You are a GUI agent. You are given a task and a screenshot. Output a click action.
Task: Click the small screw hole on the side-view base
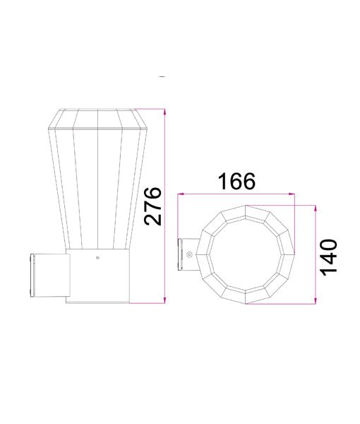coord(97,259)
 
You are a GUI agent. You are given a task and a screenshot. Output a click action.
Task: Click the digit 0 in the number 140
coord(330,245)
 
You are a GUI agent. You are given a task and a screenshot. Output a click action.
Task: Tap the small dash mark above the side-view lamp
coord(163,76)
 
